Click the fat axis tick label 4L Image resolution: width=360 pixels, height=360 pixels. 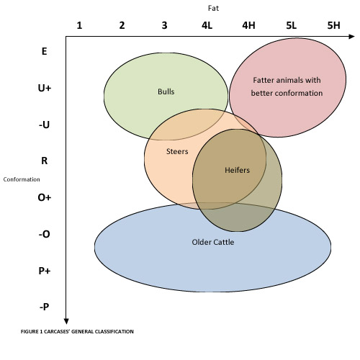pyautogui.click(x=207, y=25)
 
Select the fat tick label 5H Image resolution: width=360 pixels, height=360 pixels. pyautogui.click(x=333, y=25)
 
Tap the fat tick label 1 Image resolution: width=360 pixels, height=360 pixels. pyautogui.click(x=79, y=25)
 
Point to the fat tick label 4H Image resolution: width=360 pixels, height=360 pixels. pyautogui.click(x=248, y=25)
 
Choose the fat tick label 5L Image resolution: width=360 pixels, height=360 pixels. pyautogui.click(x=291, y=25)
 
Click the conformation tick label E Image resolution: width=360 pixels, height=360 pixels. pyautogui.click(x=44, y=51)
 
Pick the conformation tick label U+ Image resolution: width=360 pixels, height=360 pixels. pyautogui.click(x=45, y=88)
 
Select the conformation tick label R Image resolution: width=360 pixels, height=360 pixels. pyautogui.click(x=45, y=161)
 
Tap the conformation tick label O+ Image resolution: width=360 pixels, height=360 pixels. pyautogui.click(x=45, y=197)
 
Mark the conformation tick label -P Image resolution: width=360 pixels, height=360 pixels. pyautogui.click(x=45, y=307)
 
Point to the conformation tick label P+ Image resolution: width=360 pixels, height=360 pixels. pyautogui.click(x=45, y=271)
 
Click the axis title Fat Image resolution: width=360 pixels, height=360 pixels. pyautogui.click(x=213, y=8)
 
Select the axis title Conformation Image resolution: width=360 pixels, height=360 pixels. pyautogui.click(x=22, y=179)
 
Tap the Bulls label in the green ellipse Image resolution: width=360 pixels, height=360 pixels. pyautogui.click(x=166, y=91)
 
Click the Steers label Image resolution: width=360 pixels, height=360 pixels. pyautogui.click(x=177, y=151)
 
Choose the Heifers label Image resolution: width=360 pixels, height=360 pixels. pyautogui.click(x=237, y=170)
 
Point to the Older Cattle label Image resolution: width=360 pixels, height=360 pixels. pyautogui.click(x=213, y=242)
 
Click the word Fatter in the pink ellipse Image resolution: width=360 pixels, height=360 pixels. pyautogui.click(x=264, y=80)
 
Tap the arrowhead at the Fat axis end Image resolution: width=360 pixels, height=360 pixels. pyautogui.click(x=351, y=37)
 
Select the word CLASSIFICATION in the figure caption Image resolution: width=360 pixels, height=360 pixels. pyautogui.click(x=114, y=331)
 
